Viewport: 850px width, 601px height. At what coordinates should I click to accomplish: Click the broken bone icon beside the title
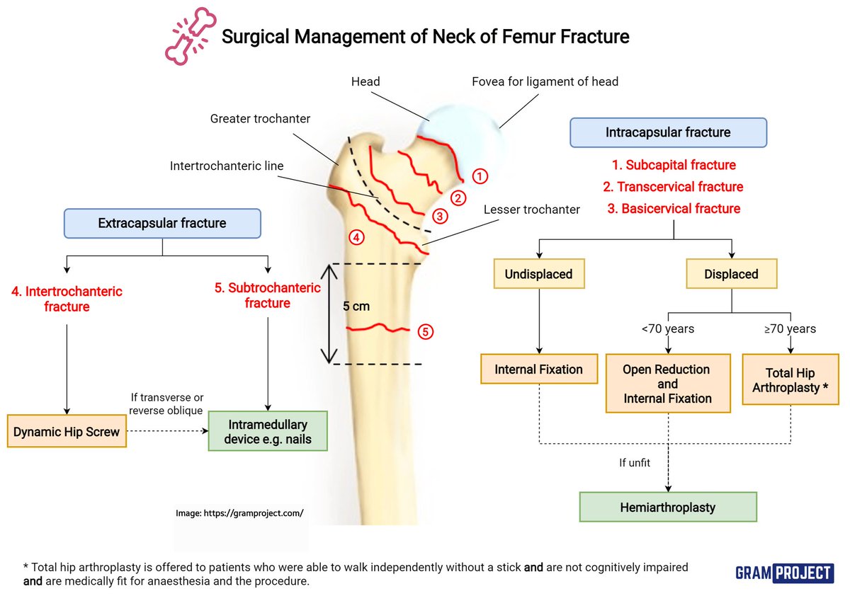coord(189,38)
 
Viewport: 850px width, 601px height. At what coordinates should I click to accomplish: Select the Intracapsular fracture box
coord(667,132)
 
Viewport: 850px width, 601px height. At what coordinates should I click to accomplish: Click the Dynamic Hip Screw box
coord(67,431)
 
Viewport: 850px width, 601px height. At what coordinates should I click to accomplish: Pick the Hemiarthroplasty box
coord(667,507)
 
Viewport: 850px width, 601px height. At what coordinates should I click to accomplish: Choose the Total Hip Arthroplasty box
coord(790,380)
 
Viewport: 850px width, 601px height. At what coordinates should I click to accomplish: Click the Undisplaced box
coord(539,274)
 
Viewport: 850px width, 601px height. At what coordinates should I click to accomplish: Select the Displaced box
coord(731,274)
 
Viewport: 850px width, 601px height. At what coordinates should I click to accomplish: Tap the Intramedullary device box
coord(268,431)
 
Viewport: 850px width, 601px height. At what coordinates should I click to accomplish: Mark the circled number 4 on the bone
coord(356,238)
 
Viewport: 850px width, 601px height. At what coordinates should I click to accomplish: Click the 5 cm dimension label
coord(356,307)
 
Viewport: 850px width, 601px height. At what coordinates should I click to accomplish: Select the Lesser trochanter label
coord(532,210)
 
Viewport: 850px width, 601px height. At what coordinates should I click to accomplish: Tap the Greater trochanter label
coord(260,119)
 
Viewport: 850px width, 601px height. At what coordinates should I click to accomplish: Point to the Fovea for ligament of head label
coord(545,81)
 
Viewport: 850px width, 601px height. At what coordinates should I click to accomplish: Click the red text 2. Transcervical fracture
coord(673,187)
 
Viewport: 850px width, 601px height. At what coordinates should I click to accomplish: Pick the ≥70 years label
coord(790,328)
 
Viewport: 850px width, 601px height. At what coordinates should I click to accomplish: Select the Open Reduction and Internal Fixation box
coord(667,384)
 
